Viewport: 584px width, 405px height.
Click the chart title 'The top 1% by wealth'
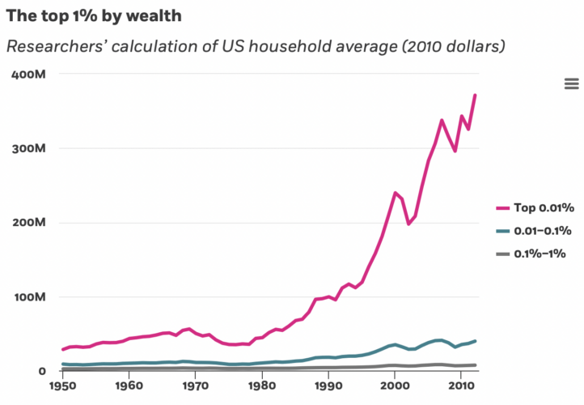[x=94, y=16]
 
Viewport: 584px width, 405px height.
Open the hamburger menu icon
[x=572, y=83]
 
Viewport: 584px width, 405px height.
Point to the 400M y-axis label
[x=28, y=75]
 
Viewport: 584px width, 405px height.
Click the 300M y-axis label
[x=28, y=148]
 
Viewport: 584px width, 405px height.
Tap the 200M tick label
[x=28, y=223]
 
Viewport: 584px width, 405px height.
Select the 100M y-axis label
[x=30, y=296]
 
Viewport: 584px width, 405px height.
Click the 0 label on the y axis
[x=42, y=371]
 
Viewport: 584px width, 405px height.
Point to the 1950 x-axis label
[x=62, y=386]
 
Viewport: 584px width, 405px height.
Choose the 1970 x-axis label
[x=195, y=386]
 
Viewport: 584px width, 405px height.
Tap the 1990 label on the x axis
[x=328, y=386]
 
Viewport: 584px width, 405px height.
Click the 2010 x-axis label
[x=461, y=386]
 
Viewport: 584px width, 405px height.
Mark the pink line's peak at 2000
[x=396, y=193]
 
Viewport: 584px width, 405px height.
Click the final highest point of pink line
[x=475, y=96]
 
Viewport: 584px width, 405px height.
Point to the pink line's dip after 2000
[x=408, y=224]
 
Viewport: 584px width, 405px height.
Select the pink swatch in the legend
[x=503, y=208]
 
